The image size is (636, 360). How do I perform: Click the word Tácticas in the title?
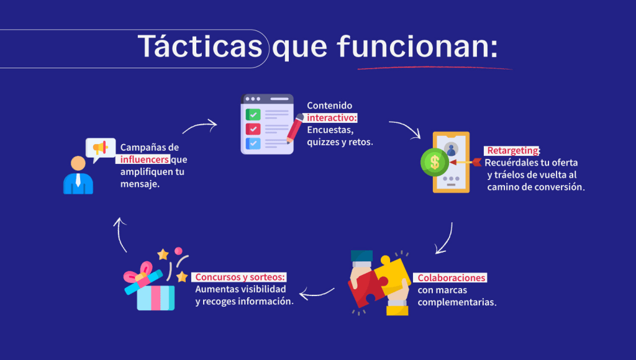click(x=200, y=46)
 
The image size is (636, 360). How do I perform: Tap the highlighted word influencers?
click(x=144, y=160)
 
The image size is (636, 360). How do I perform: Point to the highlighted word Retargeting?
click(x=512, y=150)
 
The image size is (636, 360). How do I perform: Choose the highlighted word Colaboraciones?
click(x=452, y=277)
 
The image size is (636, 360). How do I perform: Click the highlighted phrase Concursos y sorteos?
click(x=240, y=277)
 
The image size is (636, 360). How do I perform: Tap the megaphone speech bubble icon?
click(x=101, y=149)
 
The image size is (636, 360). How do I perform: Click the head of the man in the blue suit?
click(x=78, y=163)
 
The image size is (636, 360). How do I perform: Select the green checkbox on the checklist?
click(x=253, y=115)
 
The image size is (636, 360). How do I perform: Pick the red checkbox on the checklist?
click(x=253, y=129)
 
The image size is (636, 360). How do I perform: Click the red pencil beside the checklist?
click(x=295, y=128)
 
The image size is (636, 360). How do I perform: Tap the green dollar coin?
click(x=435, y=162)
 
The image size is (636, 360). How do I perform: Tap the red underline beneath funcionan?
click(x=434, y=68)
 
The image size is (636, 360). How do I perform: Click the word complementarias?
click(x=457, y=302)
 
